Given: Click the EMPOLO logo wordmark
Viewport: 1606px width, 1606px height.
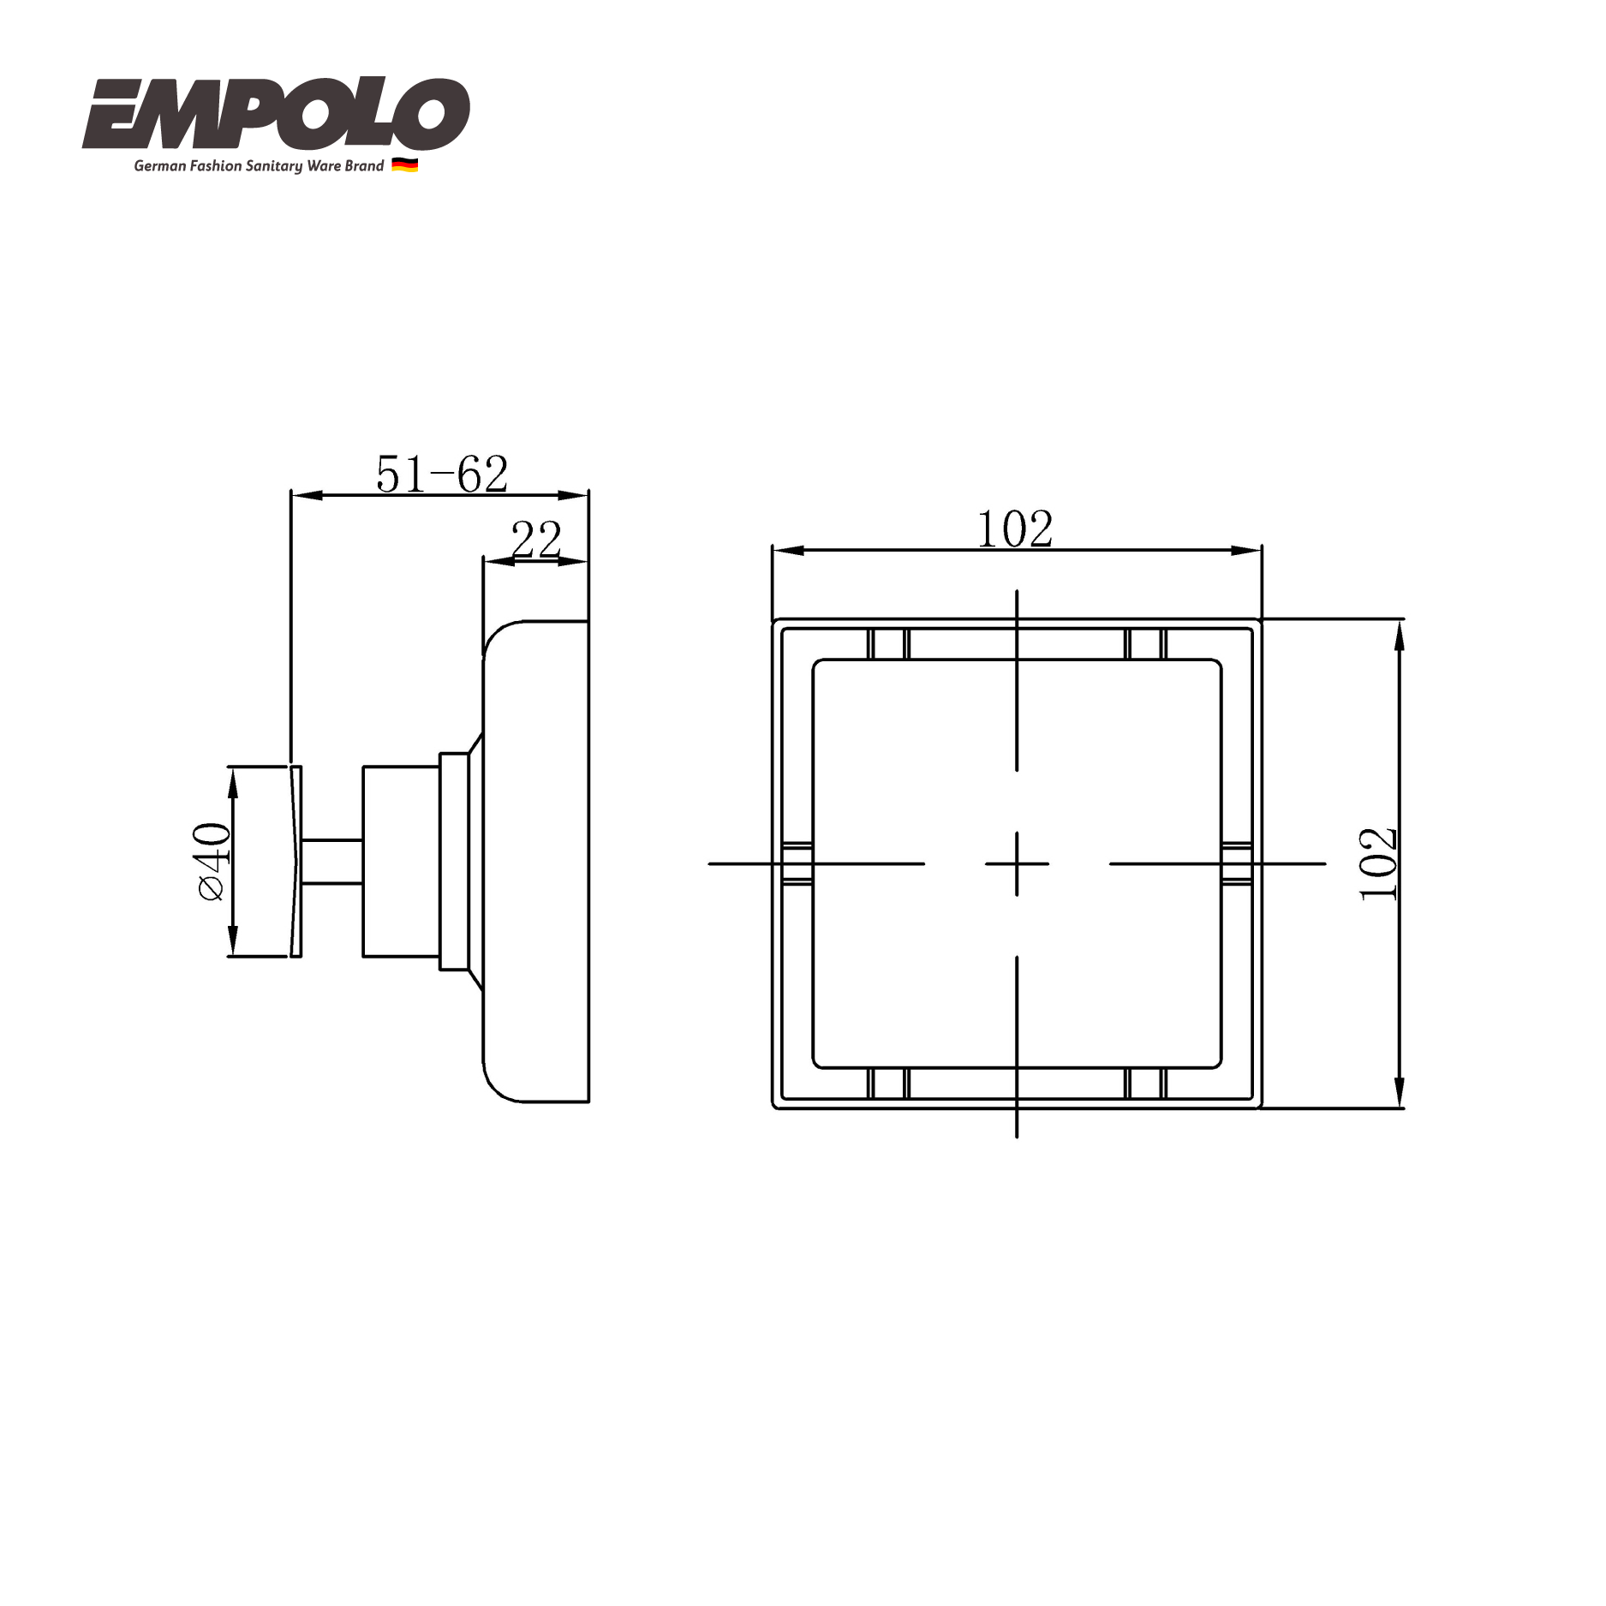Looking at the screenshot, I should (x=276, y=114).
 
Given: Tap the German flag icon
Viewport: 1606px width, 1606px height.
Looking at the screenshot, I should (x=404, y=165).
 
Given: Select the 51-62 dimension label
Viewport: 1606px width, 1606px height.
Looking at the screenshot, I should (x=442, y=475).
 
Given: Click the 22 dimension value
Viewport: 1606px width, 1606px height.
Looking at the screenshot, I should (x=536, y=540).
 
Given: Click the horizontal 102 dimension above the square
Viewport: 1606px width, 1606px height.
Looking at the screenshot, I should (x=1015, y=529).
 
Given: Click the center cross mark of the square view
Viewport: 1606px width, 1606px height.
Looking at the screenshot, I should (x=1017, y=863).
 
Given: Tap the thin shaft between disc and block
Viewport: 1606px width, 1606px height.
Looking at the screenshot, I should (x=332, y=862).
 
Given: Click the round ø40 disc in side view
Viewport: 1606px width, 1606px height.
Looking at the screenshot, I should (x=296, y=862).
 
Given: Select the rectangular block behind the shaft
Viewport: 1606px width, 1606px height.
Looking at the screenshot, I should (x=401, y=862).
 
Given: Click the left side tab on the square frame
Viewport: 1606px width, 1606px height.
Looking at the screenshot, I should (x=797, y=863).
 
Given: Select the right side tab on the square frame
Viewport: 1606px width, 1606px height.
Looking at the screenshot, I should (x=1237, y=863).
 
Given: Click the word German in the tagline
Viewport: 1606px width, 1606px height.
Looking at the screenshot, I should (x=159, y=166).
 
